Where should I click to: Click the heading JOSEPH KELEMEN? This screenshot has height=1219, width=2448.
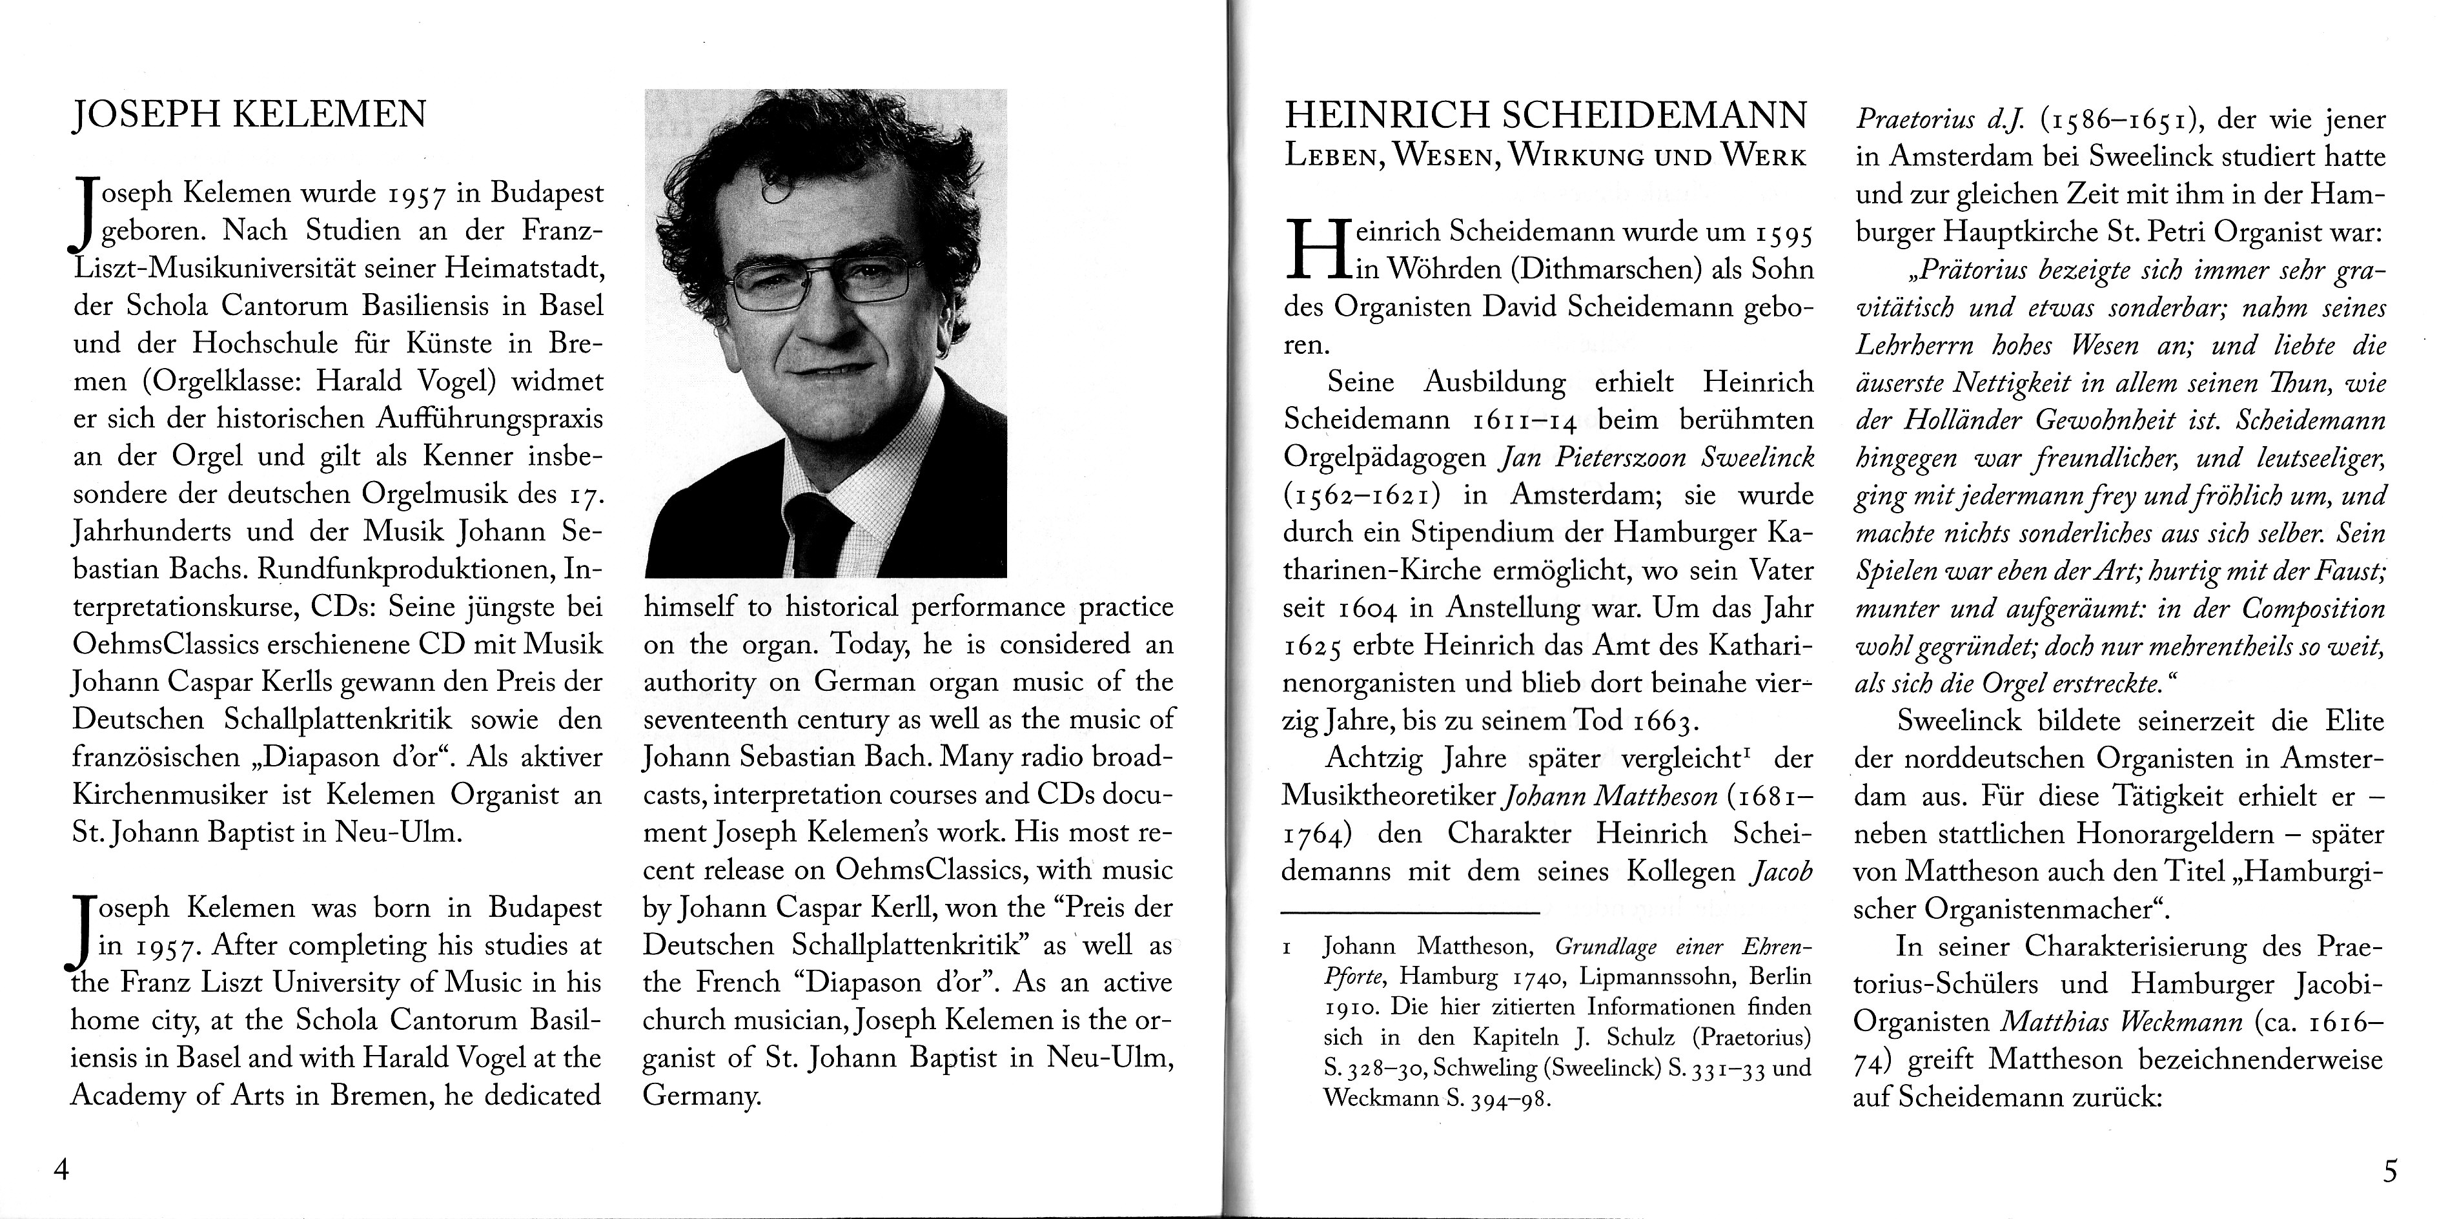tap(250, 115)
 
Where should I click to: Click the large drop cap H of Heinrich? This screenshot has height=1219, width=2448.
tap(1316, 249)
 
